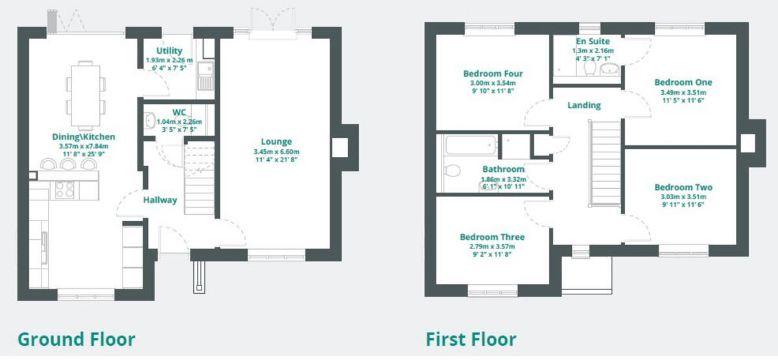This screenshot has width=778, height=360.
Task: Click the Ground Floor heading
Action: point(76,339)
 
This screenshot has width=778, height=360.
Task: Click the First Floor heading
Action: point(471,339)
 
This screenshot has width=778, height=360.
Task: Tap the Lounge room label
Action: point(276,141)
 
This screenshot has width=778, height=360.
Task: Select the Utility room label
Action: point(169,51)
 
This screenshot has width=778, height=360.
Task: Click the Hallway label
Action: point(159,200)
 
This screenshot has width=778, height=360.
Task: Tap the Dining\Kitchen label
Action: point(84,137)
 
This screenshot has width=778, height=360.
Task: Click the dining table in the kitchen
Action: point(85,94)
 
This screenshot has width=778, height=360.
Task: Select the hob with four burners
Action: point(64,189)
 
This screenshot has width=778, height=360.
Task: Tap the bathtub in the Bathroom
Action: point(471,145)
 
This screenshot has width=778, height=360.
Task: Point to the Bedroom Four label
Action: point(493,73)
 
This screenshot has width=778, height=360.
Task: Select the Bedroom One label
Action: point(683,82)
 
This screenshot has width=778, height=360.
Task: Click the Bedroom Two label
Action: point(683,187)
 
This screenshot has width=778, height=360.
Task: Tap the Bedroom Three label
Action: point(492,237)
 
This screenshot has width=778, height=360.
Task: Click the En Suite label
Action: point(593,41)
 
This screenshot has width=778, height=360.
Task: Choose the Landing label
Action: point(583,105)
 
